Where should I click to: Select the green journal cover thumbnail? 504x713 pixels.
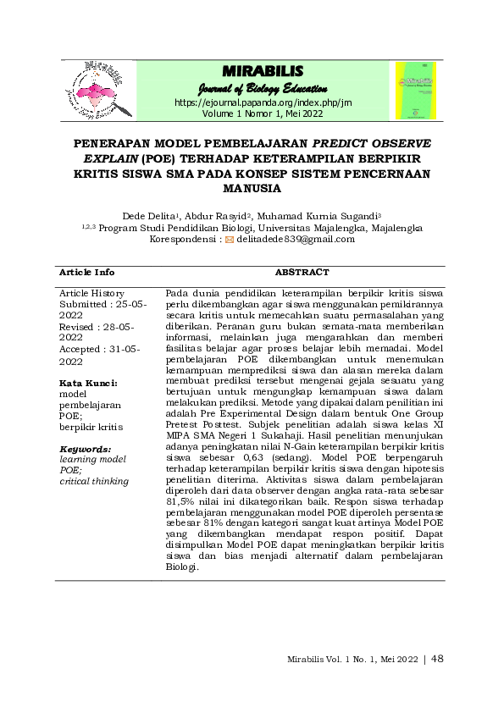tap(415, 87)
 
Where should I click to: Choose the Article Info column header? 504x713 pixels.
tap(86, 273)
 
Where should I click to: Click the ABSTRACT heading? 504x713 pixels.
tap(302, 273)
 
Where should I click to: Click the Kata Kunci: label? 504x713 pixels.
tap(88, 383)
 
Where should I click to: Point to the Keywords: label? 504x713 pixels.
tap(85, 448)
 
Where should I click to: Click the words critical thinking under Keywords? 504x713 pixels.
tap(94, 481)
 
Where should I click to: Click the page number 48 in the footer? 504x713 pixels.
tap(437, 657)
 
